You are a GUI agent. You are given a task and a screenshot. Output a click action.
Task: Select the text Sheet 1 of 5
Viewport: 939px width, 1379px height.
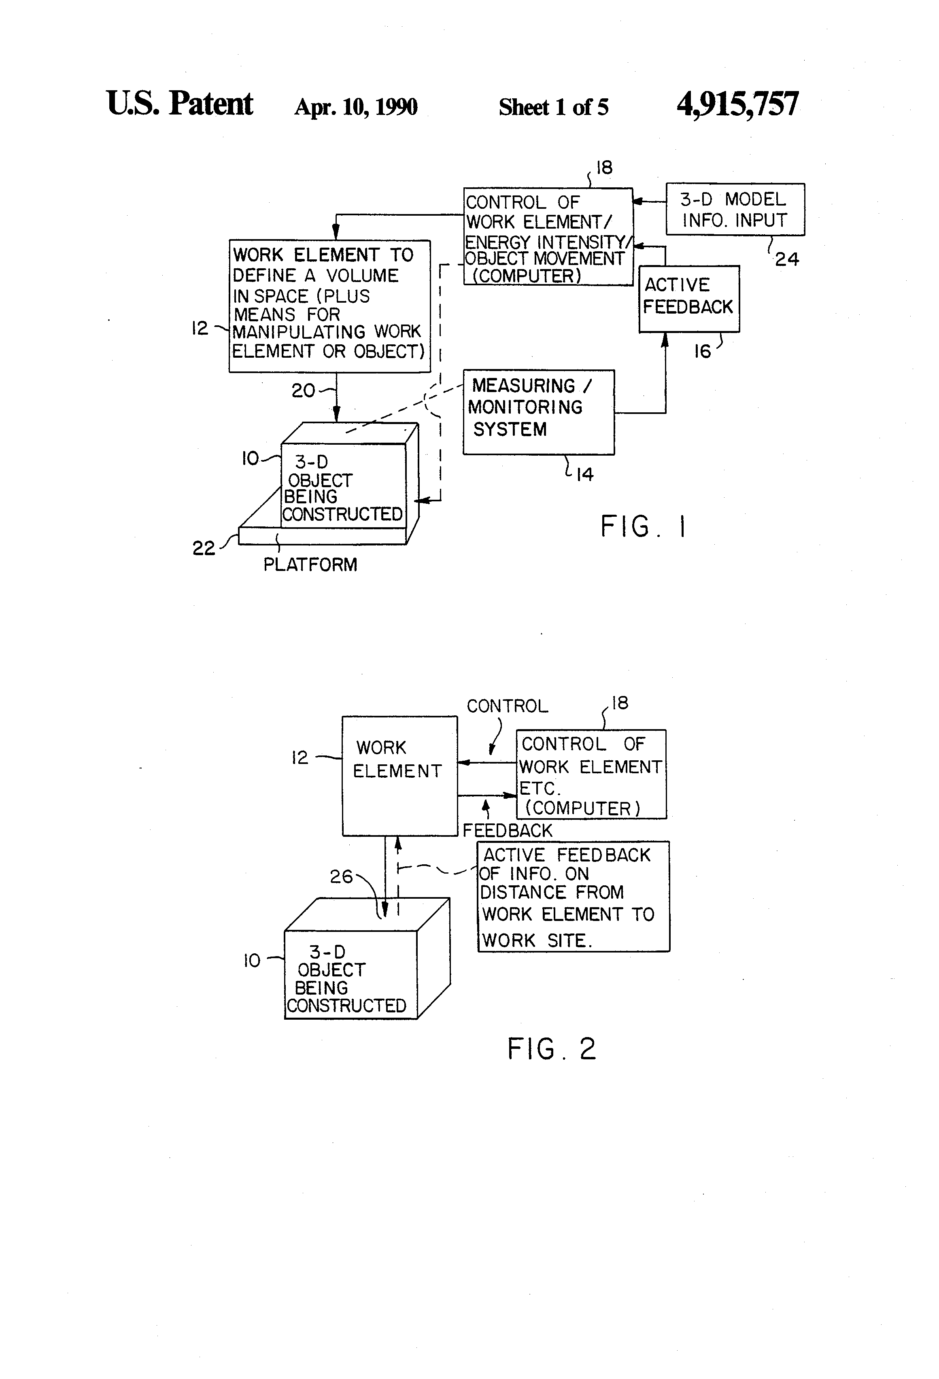553,107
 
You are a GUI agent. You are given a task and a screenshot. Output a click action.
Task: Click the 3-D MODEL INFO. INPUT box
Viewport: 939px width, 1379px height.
735,210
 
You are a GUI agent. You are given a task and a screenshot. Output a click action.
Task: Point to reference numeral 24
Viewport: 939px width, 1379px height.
786,259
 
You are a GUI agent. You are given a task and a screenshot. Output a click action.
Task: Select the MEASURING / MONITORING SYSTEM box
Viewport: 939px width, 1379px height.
538,412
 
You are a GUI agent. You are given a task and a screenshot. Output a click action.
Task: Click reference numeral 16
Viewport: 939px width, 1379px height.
702,352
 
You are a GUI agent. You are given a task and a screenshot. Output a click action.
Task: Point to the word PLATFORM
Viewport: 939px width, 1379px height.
310,564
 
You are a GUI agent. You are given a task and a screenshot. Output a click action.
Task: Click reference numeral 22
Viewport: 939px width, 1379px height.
204,548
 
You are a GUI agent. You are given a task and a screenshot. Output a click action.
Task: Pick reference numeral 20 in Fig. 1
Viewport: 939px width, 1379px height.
303,390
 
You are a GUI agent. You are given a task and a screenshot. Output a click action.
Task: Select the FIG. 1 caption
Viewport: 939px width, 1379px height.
643,526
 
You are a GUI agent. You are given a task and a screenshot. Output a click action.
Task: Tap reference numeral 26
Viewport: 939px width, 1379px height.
341,876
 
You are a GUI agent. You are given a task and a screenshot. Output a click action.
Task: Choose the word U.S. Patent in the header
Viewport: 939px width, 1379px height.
179,104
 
